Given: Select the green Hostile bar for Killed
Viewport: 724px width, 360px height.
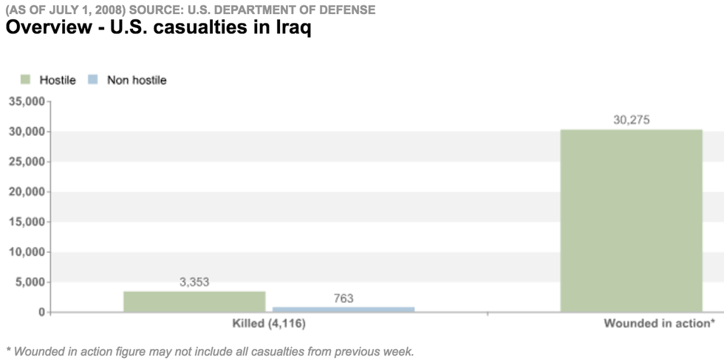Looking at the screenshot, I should coord(194,302).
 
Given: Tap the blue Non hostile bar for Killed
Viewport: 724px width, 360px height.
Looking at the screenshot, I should coord(344,309).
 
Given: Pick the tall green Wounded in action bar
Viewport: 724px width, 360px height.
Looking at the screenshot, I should coord(631,220).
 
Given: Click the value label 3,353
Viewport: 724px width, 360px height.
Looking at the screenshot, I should coord(194,282).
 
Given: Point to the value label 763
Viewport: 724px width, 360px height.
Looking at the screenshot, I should coord(344,298).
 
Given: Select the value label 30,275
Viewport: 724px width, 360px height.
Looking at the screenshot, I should coord(631,120).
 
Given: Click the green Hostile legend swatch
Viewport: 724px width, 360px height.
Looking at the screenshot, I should coord(26,80).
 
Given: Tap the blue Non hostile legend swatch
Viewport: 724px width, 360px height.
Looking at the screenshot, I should coord(94,80).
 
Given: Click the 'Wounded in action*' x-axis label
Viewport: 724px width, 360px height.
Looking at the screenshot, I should coord(658,324).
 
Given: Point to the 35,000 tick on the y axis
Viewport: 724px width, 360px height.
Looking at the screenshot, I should coord(26,101).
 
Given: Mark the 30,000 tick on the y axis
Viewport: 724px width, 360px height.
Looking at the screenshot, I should coord(26,132).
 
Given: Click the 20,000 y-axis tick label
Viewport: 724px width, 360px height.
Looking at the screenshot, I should coord(26,191).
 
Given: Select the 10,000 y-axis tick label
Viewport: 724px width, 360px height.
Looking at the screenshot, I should coord(26,252).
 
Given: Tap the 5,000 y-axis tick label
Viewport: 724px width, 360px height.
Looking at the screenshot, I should coord(29,282).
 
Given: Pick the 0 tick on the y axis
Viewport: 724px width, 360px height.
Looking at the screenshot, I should coord(41,312).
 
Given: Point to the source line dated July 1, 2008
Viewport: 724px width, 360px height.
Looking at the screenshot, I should coord(191,10).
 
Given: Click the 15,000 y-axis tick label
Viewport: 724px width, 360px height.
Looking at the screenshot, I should coord(26,222).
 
